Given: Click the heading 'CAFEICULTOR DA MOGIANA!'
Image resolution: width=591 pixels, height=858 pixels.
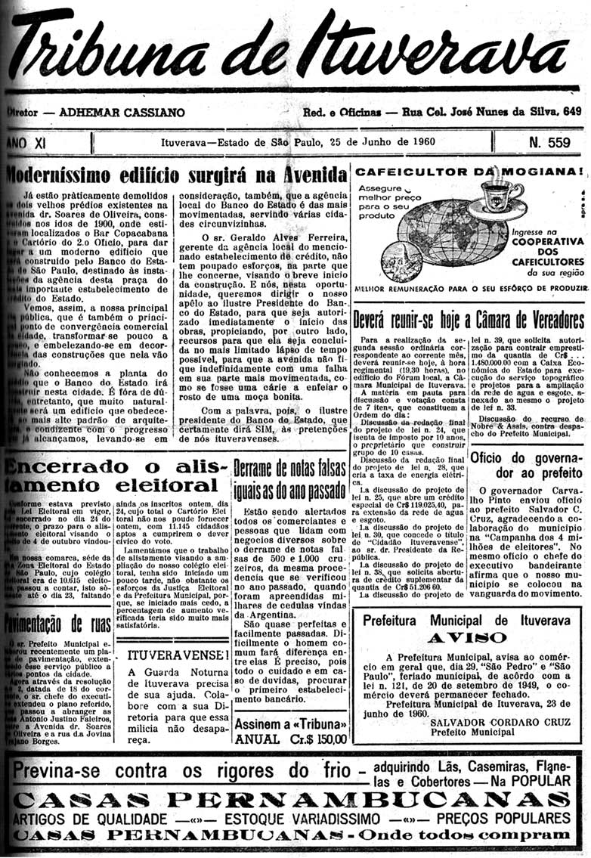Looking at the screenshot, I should click(x=469, y=171).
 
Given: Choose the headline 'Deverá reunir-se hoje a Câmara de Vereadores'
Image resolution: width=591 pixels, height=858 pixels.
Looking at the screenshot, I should click(x=469, y=317).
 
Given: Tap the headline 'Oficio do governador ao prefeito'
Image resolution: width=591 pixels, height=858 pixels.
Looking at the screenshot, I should click(x=526, y=466).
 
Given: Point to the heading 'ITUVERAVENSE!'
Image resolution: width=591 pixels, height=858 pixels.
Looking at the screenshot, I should click(x=178, y=653).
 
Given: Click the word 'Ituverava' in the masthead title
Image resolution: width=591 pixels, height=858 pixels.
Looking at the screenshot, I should click(x=438, y=53).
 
